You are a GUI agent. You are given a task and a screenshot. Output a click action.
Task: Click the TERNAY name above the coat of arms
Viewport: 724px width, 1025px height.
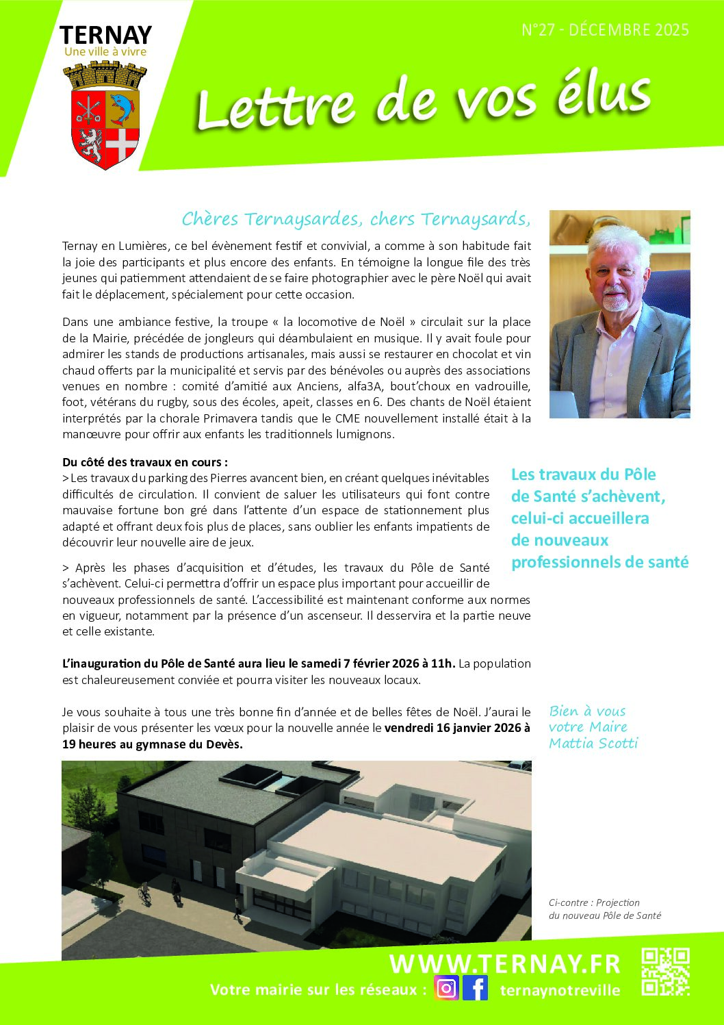click(105, 35)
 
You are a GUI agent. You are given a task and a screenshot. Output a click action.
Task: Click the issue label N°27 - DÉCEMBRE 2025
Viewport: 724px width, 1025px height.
click(605, 30)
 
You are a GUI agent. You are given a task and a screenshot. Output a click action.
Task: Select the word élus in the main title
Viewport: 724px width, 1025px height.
click(603, 97)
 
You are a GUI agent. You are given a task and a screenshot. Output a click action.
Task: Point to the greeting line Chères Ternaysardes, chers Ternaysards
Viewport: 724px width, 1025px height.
click(356, 219)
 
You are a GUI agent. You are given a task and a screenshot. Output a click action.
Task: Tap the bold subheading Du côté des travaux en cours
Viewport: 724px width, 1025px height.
click(145, 462)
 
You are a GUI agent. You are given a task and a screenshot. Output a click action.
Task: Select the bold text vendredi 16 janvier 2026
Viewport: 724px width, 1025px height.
click(457, 728)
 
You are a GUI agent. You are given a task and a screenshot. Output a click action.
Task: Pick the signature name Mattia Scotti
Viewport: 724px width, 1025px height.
click(593, 744)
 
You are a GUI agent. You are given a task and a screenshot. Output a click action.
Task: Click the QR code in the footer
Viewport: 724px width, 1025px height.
click(665, 972)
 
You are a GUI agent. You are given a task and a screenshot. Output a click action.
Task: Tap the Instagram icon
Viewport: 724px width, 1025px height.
click(446, 989)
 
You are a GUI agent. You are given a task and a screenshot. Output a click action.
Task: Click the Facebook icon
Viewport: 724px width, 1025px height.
click(476, 989)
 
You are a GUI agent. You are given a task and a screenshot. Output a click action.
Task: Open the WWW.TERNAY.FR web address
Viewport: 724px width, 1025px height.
click(504, 964)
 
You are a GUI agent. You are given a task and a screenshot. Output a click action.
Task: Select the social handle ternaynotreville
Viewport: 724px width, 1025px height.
click(560, 991)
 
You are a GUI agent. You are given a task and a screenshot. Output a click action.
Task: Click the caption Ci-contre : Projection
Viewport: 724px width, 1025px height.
click(594, 902)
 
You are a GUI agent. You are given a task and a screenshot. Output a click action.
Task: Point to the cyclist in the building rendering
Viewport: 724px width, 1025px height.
click(144, 892)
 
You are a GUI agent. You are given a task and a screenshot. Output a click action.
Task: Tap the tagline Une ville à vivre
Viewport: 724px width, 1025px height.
click(105, 51)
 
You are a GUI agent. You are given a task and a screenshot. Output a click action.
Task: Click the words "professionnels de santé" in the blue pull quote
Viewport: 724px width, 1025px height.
click(599, 562)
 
